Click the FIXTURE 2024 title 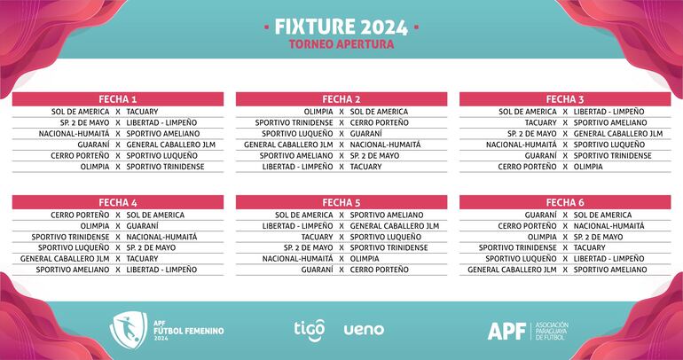pos(341,27)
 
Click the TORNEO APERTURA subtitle pos(341,43)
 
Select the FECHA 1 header pos(118,99)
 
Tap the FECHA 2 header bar pos(341,99)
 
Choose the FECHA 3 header pos(565,99)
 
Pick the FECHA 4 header pos(118,202)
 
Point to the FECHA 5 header pos(341,202)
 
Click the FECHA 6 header pos(565,202)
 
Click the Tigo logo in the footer pos(310,328)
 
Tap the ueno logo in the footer pos(364,329)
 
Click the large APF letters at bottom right pos(506,331)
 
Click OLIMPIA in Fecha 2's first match pos(318,112)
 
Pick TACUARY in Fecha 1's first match pos(142,112)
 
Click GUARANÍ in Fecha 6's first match pos(541,215)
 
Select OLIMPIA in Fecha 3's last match pos(586,166)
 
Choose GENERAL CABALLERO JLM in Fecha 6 pos(512,270)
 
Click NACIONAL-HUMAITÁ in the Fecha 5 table pos(298,258)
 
